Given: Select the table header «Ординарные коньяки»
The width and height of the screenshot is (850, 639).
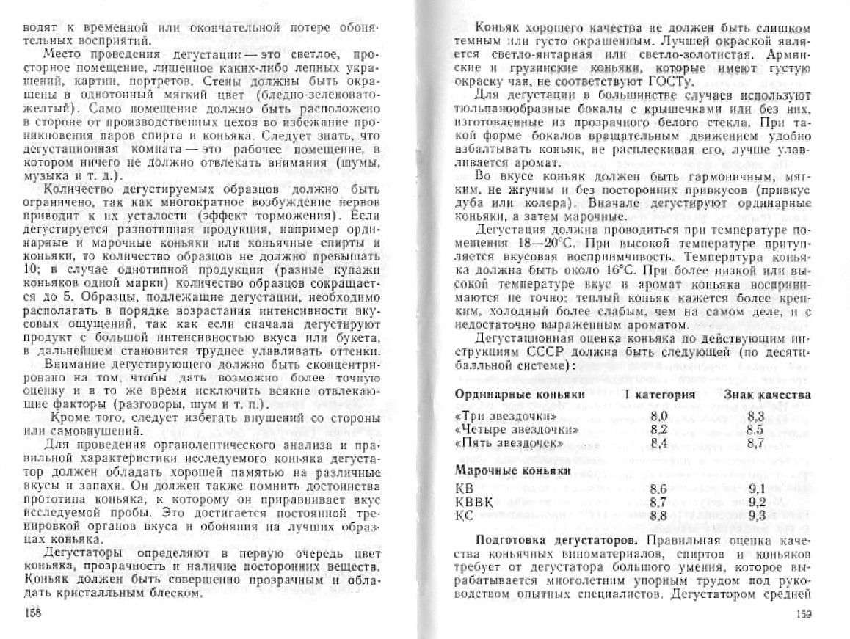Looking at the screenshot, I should [520, 395].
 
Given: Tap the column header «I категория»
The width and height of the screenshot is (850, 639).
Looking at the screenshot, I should [661, 395].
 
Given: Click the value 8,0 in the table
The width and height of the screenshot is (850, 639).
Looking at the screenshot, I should [658, 417].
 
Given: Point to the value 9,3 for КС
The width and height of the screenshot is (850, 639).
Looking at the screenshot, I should [758, 516].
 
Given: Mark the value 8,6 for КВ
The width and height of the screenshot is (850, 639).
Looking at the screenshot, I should [658, 489].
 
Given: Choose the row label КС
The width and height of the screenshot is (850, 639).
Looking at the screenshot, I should [465, 516].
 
